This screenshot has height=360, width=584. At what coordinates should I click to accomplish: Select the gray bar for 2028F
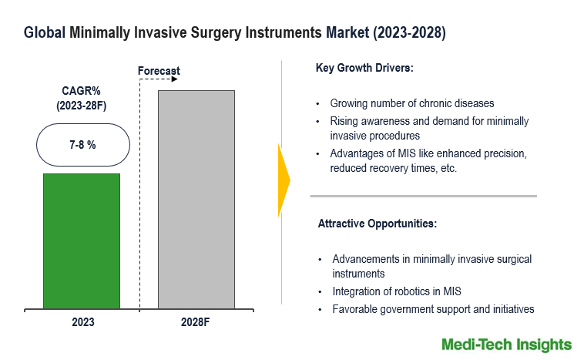click(x=196, y=199)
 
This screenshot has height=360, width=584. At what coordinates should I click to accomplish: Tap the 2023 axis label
click(x=81, y=321)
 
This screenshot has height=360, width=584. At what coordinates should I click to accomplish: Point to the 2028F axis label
click(x=196, y=321)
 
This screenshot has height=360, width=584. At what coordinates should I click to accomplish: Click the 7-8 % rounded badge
click(x=81, y=145)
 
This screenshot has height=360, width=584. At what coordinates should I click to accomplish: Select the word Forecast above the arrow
click(x=159, y=71)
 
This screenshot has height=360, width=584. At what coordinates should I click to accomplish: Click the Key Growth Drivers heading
click(x=364, y=68)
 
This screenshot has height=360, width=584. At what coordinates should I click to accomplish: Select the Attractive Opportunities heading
click(x=378, y=224)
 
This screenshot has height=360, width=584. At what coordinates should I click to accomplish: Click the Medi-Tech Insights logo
click(x=506, y=344)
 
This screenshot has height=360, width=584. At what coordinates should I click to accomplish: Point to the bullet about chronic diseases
click(x=412, y=103)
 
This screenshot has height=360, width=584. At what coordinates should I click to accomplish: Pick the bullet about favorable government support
click(x=433, y=309)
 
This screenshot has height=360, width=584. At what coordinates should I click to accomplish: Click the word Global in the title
click(x=43, y=33)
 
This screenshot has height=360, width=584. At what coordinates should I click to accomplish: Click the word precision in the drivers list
click(x=505, y=153)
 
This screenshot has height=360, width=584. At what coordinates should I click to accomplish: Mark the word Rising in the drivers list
click(x=345, y=121)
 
